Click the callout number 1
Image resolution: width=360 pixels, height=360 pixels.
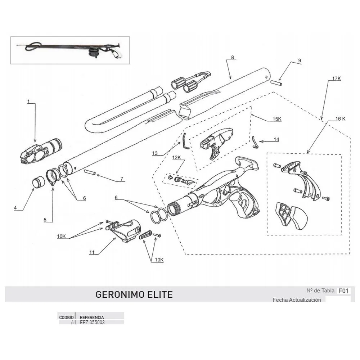28,102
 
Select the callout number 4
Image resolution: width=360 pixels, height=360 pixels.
16,207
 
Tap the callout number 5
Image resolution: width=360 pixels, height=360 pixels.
45,219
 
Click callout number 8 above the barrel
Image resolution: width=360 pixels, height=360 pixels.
232,58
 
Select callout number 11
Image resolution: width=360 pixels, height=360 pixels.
92,252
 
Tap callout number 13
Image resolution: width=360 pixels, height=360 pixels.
155,153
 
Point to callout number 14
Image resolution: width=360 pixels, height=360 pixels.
276,139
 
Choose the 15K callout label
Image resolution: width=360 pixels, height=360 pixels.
277,119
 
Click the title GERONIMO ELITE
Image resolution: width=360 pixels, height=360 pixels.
134,294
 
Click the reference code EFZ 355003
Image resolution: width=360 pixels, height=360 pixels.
92,322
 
